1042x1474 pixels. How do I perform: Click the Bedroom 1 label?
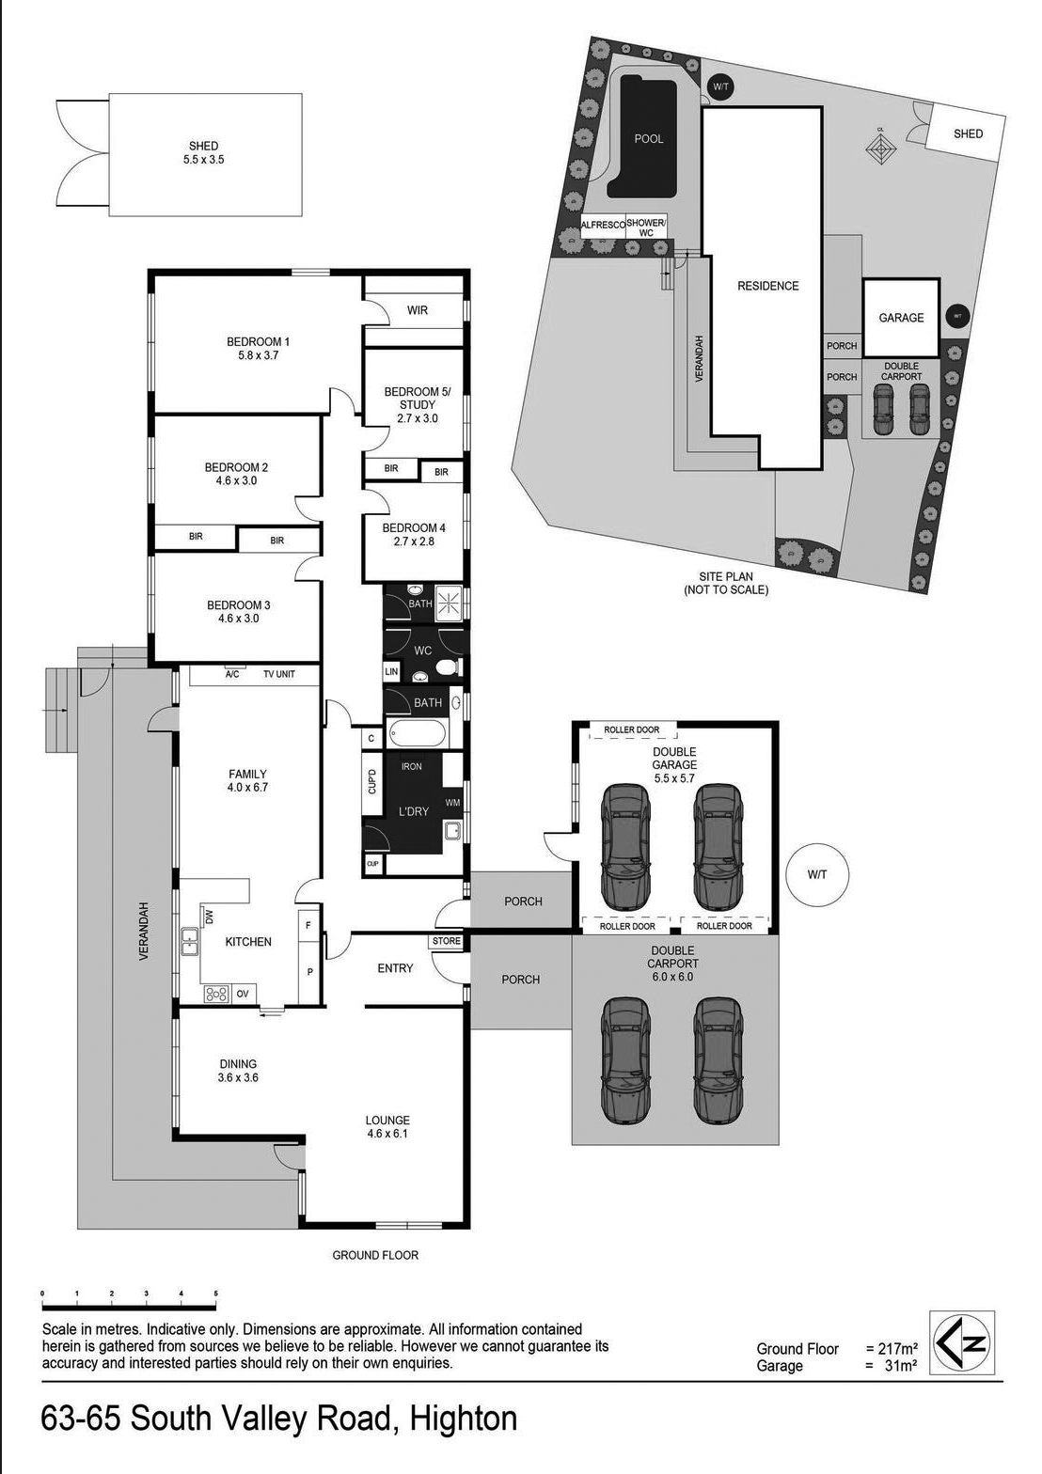point(258,348)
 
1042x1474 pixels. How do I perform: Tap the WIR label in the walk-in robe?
point(418,310)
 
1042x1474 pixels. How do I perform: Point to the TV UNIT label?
point(278,674)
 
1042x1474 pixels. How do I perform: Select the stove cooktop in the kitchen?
point(216,993)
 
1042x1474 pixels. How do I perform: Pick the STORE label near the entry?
point(447,941)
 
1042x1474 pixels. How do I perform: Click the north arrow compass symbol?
point(961,1342)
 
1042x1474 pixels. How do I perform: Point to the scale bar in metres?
point(129,1306)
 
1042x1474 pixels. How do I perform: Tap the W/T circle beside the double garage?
point(817,874)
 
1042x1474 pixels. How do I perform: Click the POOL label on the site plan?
point(649,139)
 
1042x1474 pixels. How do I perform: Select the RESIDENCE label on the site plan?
point(767,286)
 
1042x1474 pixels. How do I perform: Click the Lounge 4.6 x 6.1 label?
point(387,1126)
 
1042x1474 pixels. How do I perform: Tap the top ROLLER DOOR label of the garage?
point(632,729)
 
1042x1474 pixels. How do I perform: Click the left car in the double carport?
point(625,1060)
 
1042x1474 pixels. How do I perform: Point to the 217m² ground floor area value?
point(892,1349)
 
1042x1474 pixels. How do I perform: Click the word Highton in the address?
point(464,1419)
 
